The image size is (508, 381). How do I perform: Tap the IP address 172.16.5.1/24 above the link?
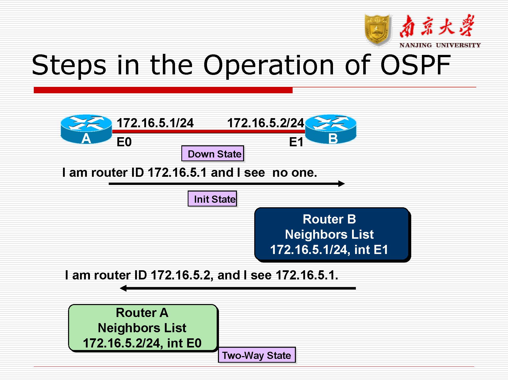(155, 123)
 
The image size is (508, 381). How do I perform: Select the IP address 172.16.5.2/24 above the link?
(265, 123)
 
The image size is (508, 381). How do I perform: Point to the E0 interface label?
(124, 142)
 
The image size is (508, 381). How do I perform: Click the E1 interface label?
(296, 142)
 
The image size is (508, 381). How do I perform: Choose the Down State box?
(213, 154)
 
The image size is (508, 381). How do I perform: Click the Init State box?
(212, 199)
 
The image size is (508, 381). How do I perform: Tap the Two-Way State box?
(257, 355)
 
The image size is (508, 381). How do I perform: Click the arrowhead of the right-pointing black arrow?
(342, 184)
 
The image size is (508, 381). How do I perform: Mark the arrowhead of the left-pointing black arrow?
(123, 288)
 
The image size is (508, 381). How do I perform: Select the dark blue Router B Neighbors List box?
(332, 234)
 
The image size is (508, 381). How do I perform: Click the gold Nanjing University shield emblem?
(378, 30)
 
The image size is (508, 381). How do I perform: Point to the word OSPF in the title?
(415, 65)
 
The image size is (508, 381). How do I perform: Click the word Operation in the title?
(268, 65)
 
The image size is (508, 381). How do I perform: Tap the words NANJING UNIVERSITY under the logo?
(440, 45)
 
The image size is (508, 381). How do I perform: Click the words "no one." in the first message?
(295, 173)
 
